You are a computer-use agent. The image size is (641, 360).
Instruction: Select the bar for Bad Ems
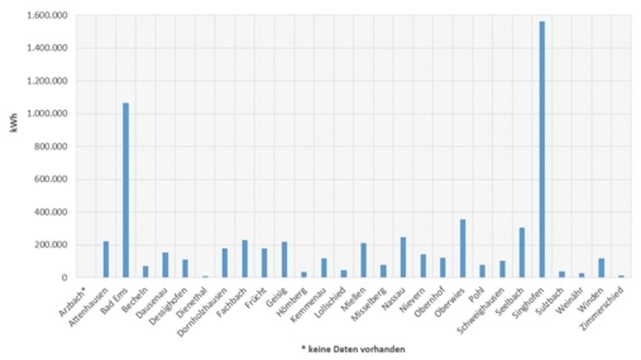[126, 190]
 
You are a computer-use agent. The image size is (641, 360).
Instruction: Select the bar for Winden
[602, 268]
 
